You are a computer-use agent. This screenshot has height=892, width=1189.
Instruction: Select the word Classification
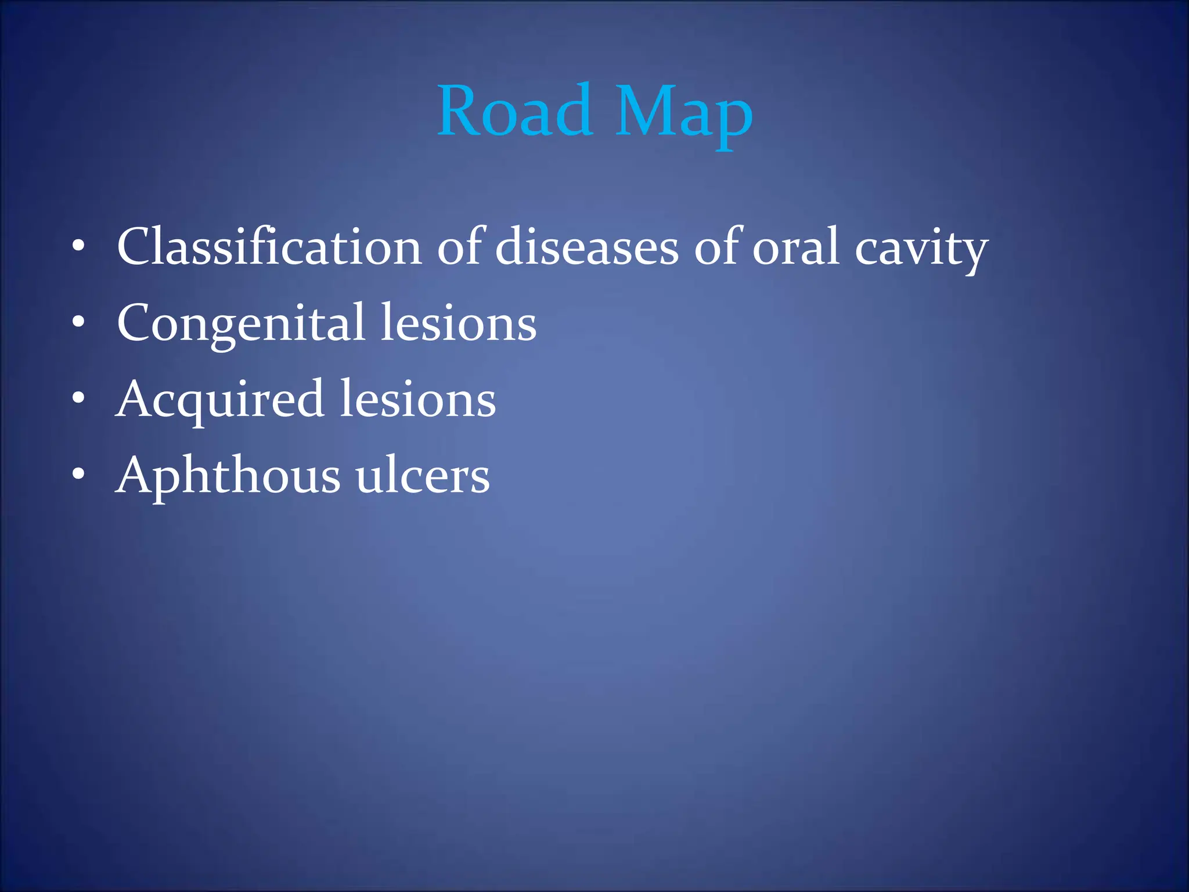click(x=269, y=247)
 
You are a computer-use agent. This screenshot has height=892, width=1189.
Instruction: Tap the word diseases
click(x=586, y=247)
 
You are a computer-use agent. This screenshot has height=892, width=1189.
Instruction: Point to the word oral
click(x=796, y=247)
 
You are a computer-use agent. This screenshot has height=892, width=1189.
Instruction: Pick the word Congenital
click(x=241, y=324)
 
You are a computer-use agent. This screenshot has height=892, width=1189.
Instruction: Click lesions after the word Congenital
click(x=458, y=323)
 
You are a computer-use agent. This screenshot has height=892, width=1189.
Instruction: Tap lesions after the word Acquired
click(x=417, y=400)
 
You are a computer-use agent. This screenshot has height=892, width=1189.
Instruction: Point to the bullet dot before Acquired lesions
click(x=78, y=399)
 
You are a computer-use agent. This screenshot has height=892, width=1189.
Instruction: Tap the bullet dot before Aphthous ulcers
click(x=78, y=475)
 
